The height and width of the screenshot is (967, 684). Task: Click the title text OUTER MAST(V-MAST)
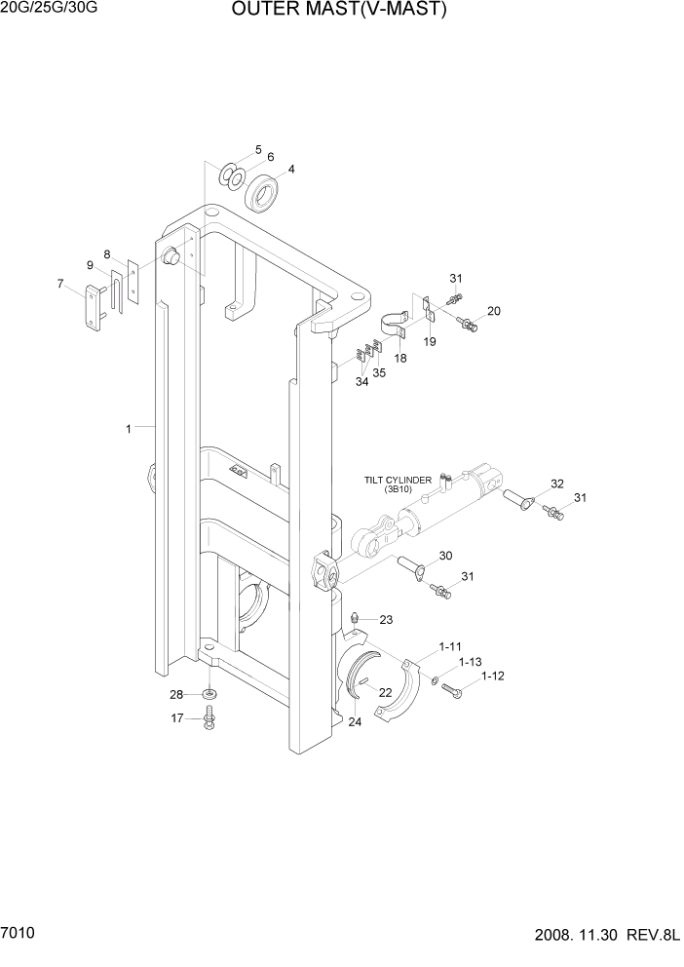point(339,12)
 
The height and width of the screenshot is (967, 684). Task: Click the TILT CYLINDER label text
point(398,480)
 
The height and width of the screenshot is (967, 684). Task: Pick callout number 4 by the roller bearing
point(291,168)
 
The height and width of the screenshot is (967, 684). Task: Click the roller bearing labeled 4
point(263,193)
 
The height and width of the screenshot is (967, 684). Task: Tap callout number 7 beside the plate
point(60,284)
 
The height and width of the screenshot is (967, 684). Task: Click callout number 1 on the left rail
point(128,427)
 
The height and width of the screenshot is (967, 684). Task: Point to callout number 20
point(494,312)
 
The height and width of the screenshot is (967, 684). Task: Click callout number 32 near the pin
point(557,483)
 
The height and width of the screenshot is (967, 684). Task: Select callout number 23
point(386,619)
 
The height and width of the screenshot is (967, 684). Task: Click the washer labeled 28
point(209,695)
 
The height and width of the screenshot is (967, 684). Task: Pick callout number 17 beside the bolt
point(177,719)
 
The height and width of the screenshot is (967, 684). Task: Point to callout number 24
point(355,722)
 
